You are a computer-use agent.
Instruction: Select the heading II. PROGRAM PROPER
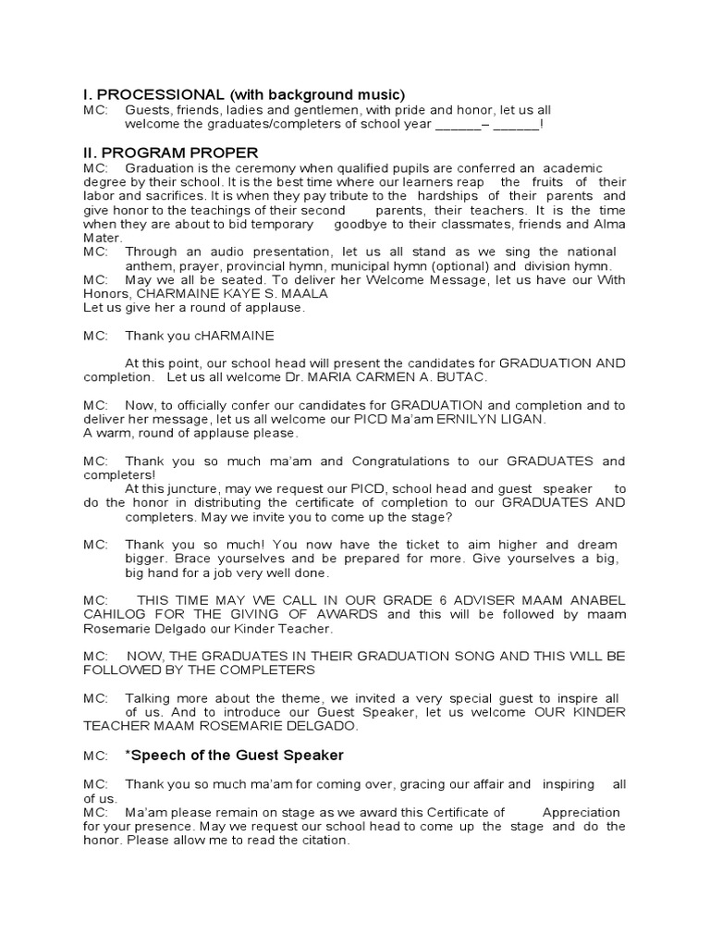(x=171, y=153)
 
